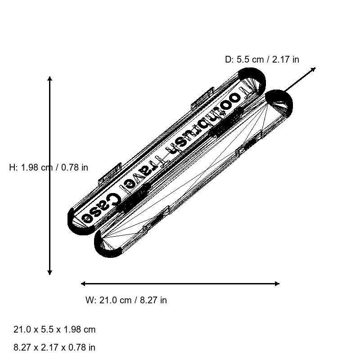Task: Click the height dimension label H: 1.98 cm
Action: (49, 167)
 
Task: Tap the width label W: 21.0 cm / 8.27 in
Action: (126, 300)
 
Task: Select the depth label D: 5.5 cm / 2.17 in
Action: (262, 59)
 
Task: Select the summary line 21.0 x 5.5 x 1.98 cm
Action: (54, 329)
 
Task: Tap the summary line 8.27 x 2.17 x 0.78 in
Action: (54, 347)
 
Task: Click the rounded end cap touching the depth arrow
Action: (279, 101)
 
